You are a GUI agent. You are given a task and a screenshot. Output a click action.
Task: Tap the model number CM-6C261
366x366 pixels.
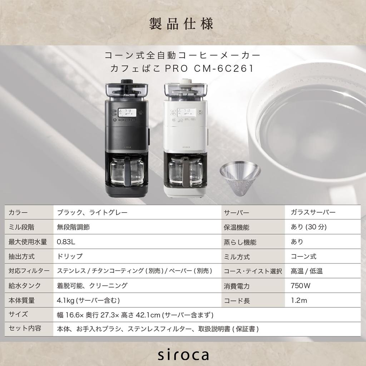point(224,68)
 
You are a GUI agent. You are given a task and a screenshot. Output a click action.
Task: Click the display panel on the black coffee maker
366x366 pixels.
point(128,113)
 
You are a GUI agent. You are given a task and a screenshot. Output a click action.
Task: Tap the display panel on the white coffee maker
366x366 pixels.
point(186,113)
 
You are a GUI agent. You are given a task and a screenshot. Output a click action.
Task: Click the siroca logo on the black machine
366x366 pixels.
point(128,146)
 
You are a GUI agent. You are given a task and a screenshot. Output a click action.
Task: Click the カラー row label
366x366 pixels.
point(18,212)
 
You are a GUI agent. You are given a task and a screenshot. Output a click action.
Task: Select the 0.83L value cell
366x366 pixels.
point(66,242)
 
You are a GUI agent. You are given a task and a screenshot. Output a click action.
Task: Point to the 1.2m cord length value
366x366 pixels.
point(299,300)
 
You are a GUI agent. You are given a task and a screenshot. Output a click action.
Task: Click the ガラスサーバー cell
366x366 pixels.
point(313,212)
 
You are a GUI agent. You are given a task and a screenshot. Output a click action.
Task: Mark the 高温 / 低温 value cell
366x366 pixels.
point(307,271)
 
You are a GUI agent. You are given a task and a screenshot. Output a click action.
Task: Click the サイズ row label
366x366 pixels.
point(18,315)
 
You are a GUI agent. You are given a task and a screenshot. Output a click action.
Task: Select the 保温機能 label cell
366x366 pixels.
point(236,227)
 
